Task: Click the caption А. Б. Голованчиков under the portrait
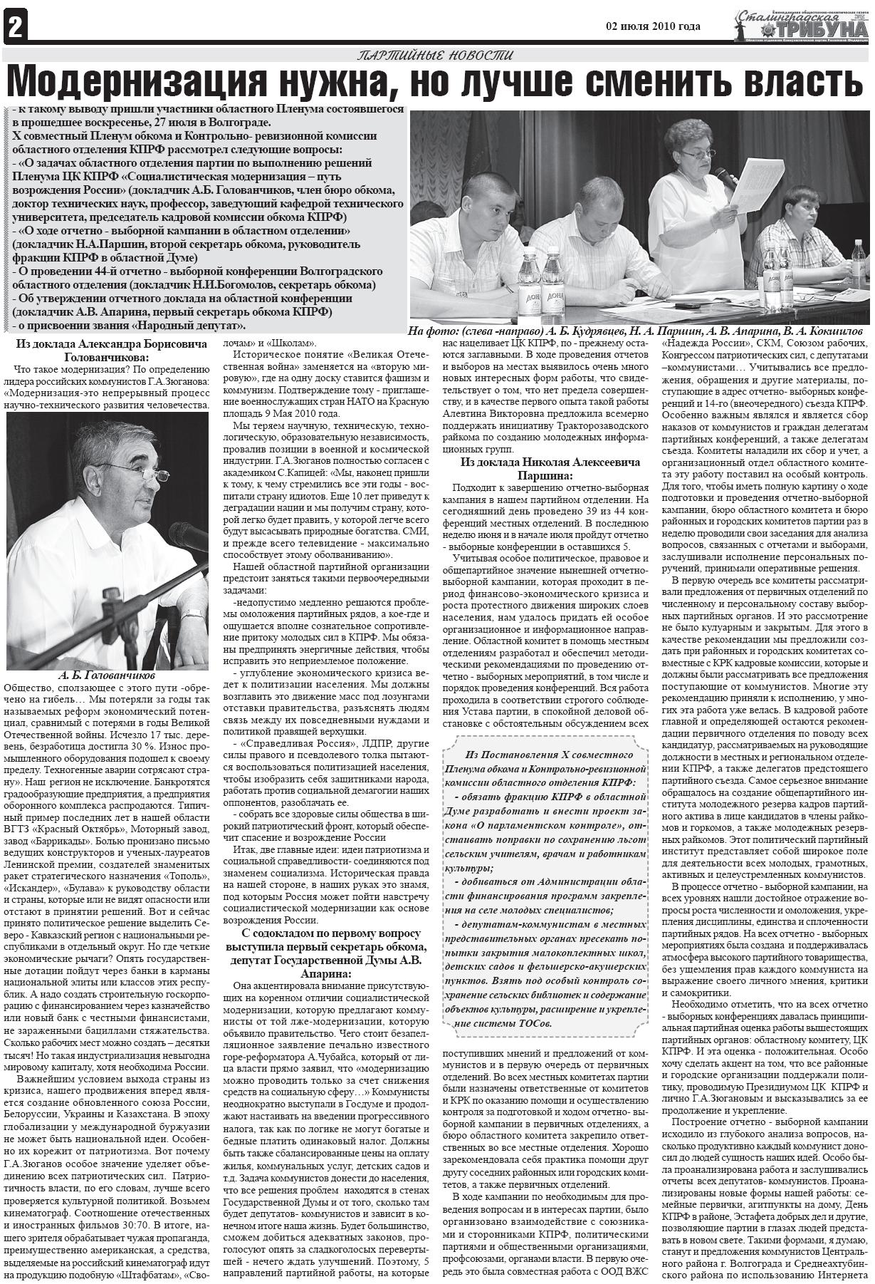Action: point(107,674)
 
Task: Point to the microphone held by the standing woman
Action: point(727,178)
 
